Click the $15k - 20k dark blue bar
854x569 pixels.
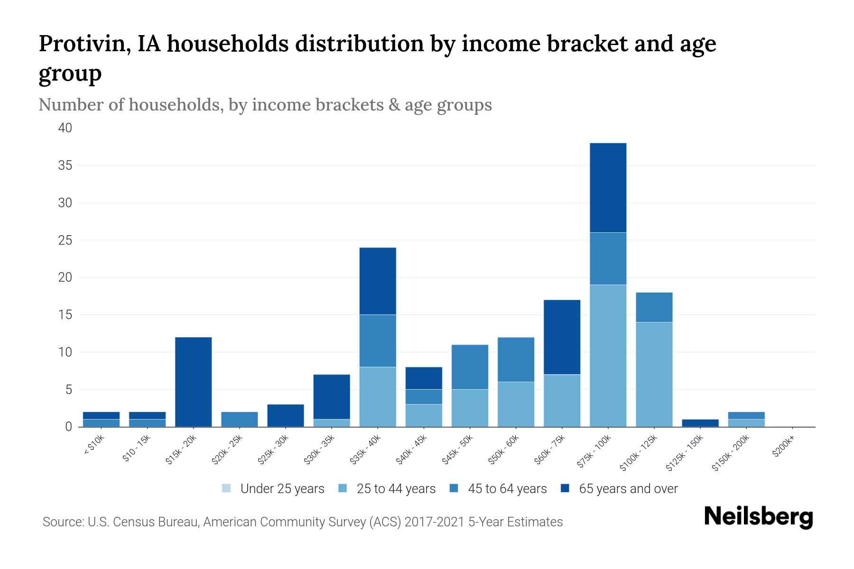tap(193, 382)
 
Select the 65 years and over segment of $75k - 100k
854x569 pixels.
tap(608, 188)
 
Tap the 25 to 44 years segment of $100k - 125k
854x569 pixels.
tap(654, 374)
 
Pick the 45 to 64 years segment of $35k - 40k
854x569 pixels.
tap(378, 340)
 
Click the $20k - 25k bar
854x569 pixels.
tap(239, 419)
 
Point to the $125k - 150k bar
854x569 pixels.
tap(700, 423)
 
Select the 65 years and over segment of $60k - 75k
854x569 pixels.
tap(562, 337)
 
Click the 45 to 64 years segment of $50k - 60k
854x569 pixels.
tap(516, 359)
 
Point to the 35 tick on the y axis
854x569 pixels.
tap(65, 165)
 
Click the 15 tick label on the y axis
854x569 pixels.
tap(65, 315)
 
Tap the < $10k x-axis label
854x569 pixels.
tap(94, 446)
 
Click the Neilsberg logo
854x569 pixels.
tap(758, 517)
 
